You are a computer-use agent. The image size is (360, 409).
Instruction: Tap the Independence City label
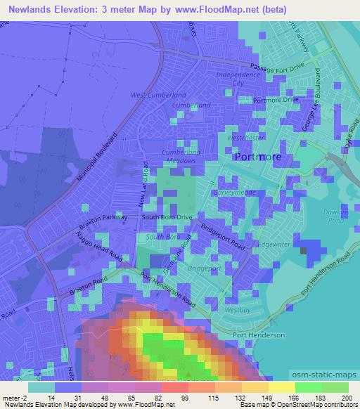point(238,78)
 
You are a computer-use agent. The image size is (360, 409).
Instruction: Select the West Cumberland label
point(158,95)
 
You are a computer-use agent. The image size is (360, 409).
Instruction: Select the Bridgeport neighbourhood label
point(205,269)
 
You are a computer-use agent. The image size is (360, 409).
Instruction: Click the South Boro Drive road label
point(167,218)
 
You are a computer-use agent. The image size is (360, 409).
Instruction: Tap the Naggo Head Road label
point(103,244)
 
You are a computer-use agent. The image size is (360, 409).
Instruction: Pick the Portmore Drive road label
point(276,99)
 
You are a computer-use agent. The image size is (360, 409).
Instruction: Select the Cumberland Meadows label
point(181,157)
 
